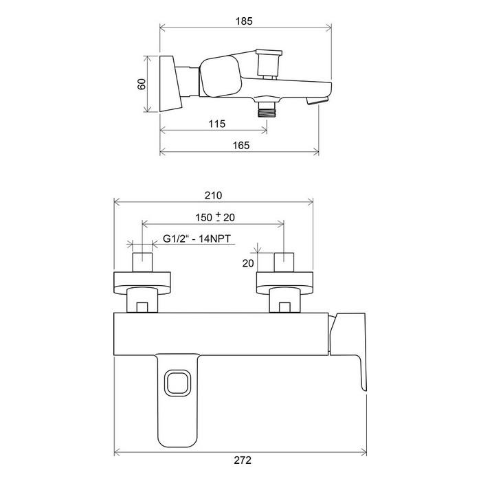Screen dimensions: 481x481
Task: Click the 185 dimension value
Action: coord(244,21)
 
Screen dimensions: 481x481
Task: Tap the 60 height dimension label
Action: coord(142,84)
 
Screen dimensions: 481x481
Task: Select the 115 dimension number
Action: coord(217,124)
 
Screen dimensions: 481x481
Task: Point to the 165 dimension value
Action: coord(240,145)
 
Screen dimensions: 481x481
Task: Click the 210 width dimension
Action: coord(213,195)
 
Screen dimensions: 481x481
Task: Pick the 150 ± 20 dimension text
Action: coord(215,217)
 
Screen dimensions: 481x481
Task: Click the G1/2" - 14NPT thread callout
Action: coord(197,238)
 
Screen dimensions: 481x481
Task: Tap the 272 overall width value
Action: coord(243,460)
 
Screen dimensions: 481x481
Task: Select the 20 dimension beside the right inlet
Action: coord(248,263)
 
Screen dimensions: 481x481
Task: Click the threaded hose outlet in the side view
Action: coord(267,109)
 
